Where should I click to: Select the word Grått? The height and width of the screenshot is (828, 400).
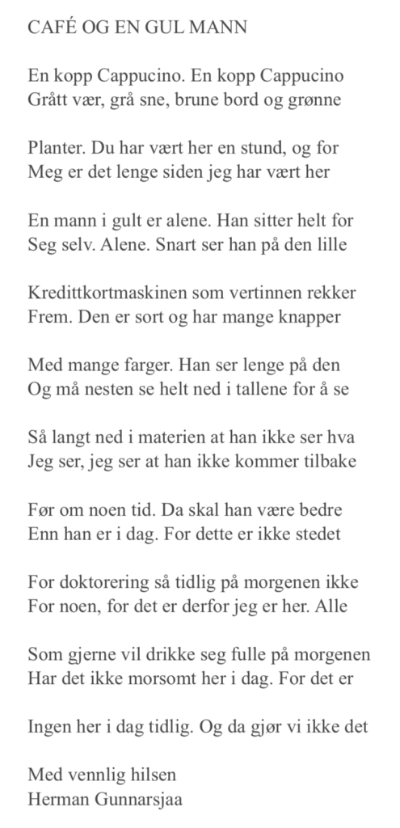click(x=48, y=101)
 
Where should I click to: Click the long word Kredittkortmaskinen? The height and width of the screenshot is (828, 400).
click(x=107, y=291)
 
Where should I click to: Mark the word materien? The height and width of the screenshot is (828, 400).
click(x=167, y=436)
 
